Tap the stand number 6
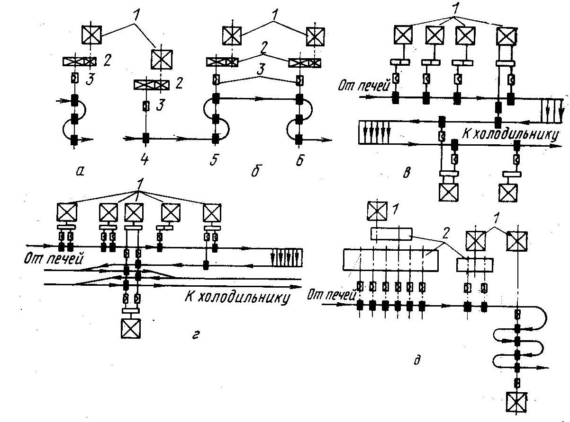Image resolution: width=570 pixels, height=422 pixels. point(299,160)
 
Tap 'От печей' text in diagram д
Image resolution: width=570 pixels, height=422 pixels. point(330,296)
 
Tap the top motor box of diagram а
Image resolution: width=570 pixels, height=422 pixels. point(90,34)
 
